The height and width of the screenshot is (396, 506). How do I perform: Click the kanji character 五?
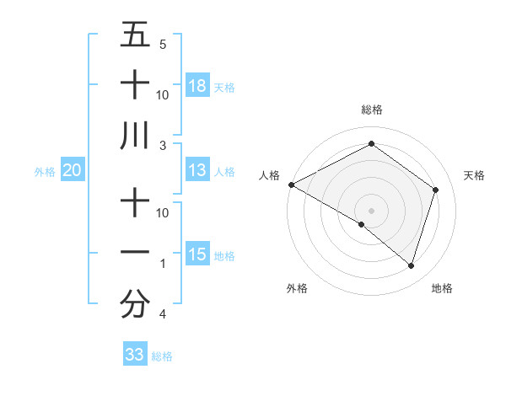(x=135, y=35)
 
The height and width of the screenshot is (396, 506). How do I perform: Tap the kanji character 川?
(x=135, y=135)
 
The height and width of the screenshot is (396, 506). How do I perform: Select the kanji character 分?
(x=135, y=304)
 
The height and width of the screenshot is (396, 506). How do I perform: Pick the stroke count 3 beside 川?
(x=163, y=146)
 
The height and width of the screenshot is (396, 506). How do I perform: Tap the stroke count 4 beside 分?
(x=163, y=314)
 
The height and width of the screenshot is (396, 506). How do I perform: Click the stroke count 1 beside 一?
(x=163, y=264)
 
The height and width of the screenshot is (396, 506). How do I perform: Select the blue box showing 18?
(x=197, y=86)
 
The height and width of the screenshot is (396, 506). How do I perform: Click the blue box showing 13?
(x=197, y=170)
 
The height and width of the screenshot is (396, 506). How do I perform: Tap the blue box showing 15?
(x=197, y=254)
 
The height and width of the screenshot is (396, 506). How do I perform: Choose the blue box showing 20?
(x=72, y=170)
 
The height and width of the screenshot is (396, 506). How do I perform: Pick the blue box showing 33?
(x=135, y=355)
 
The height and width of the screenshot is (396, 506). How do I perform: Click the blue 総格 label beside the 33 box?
(x=163, y=356)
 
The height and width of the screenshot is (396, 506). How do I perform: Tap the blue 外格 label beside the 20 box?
(x=45, y=172)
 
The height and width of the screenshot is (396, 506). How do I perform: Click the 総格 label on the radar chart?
(x=371, y=110)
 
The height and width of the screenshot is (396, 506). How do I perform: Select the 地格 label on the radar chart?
(x=442, y=289)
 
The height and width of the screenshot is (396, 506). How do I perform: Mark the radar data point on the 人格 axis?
(x=291, y=185)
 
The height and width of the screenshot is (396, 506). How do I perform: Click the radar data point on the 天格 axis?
(x=436, y=190)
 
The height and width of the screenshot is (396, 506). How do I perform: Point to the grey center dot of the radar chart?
(x=371, y=210)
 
